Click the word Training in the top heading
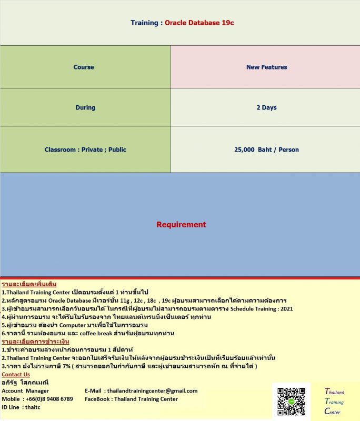tap(144, 23)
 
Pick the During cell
tap(85, 107)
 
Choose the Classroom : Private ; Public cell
tap(85, 149)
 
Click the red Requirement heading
tap(181, 225)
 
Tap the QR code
tap(291, 402)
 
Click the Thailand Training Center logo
tap(334, 402)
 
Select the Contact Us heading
tap(16, 374)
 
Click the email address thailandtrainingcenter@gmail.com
tap(152, 390)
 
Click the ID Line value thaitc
tap(33, 407)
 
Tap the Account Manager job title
tap(25, 390)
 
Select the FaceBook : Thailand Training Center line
tap(131, 399)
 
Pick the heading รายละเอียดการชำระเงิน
tap(35, 342)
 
